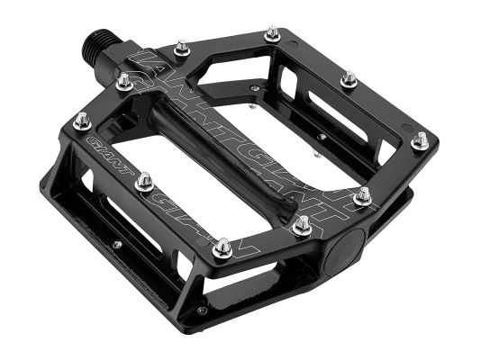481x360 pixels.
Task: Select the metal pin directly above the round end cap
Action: pos(362,195)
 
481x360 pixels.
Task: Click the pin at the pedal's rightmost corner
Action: pos(420,141)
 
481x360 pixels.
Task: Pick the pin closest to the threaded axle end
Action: pos(124,83)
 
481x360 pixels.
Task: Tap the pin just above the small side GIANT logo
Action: pos(82,120)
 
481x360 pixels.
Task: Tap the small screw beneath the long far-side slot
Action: pos(322,137)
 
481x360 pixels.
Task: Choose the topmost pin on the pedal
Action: pos(271,34)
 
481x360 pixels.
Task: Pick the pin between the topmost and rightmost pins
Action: pos(349,79)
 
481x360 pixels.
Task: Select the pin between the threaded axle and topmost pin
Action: pos(181,45)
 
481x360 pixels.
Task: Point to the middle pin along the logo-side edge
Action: pos(143,183)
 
